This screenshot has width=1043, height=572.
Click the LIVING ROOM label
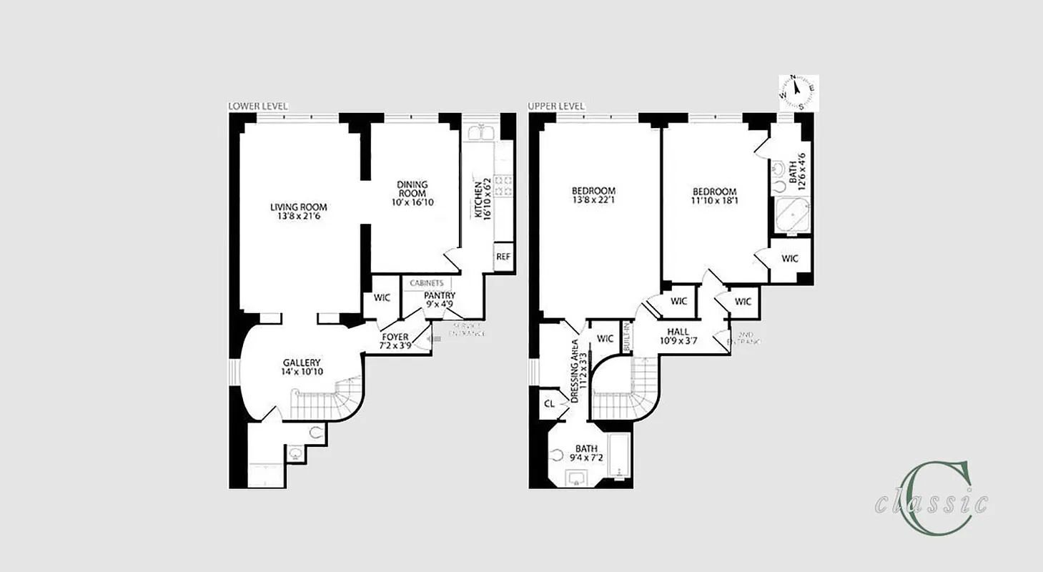pyautogui.click(x=298, y=207)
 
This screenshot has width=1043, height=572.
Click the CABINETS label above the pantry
pyautogui.click(x=426, y=283)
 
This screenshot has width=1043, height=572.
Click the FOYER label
pyautogui.click(x=395, y=337)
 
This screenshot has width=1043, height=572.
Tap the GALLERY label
pyautogui.click(x=301, y=363)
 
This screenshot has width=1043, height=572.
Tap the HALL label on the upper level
pyautogui.click(x=678, y=332)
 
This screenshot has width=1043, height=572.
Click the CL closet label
pyautogui.click(x=549, y=404)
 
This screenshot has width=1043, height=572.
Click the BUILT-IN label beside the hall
pyautogui.click(x=627, y=336)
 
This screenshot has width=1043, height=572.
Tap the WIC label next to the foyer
pyautogui.click(x=382, y=297)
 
